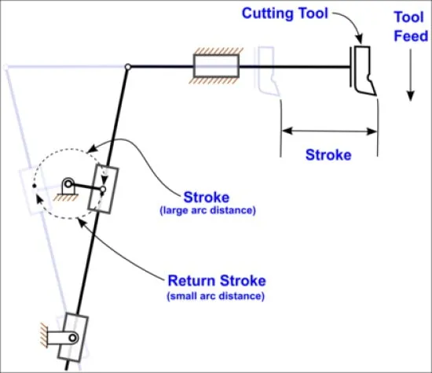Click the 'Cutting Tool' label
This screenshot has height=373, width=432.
pyautogui.click(x=285, y=13)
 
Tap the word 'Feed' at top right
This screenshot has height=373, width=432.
pyautogui.click(x=411, y=36)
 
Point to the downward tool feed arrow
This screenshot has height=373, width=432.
pyautogui.click(x=411, y=75)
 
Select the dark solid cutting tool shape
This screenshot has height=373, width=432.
pyautogui.click(x=363, y=71)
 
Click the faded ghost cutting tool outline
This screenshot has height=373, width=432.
pyautogui.click(x=267, y=72)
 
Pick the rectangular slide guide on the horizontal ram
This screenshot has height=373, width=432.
pyautogui.click(x=216, y=66)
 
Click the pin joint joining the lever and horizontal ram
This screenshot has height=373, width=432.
pyautogui.click(x=127, y=67)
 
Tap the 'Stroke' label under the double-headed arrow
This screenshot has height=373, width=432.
pyautogui.click(x=328, y=154)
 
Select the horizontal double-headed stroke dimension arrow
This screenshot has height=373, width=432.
pyautogui.click(x=329, y=131)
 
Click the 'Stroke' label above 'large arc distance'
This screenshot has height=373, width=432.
pyautogui.click(x=207, y=198)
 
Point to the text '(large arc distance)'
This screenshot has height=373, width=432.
pyautogui.click(x=207, y=210)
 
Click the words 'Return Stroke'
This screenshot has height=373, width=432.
pyautogui.click(x=217, y=280)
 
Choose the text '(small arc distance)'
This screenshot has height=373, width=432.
pyautogui.click(x=215, y=296)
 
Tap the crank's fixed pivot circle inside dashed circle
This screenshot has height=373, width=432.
pyautogui.click(x=68, y=183)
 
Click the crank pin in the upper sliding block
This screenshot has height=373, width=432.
pyautogui.click(x=103, y=190)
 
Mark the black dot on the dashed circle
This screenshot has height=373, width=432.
pyautogui.click(x=34, y=186)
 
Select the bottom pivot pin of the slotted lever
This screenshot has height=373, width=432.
pyautogui.click(x=73, y=338)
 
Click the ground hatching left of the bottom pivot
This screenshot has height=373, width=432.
pyautogui.click(x=44, y=335)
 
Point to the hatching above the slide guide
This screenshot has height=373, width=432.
pyautogui.click(x=218, y=51)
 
